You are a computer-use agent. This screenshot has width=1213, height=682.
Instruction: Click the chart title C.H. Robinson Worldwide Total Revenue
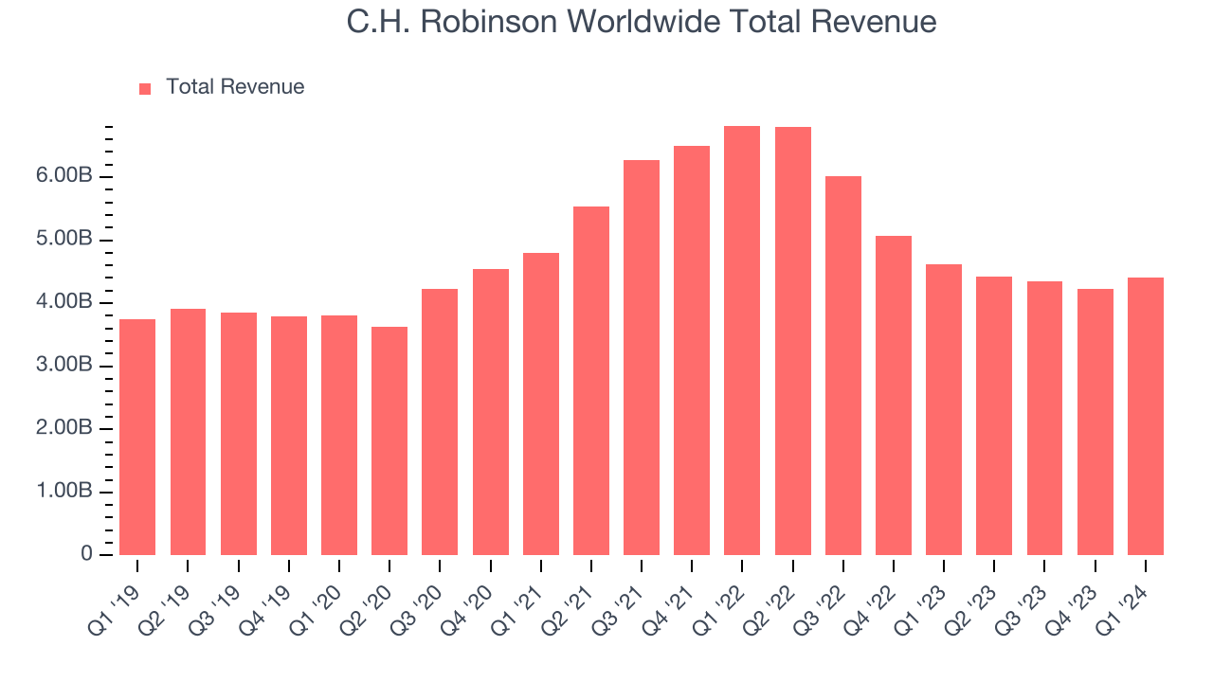pyautogui.click(x=642, y=22)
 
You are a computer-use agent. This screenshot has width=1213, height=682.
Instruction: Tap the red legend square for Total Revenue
pyautogui.click(x=145, y=88)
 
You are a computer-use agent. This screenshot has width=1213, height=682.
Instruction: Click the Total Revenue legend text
pyautogui.click(x=235, y=87)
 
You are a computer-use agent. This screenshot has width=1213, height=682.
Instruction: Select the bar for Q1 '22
pyautogui.click(x=742, y=341)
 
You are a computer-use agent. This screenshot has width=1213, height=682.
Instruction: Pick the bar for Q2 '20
pyautogui.click(x=389, y=440)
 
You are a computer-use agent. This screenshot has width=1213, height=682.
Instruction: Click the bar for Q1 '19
pyautogui.click(x=137, y=437)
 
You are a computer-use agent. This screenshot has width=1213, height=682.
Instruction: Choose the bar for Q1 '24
pyautogui.click(x=1145, y=416)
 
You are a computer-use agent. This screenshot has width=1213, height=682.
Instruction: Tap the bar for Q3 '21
pyautogui.click(x=642, y=357)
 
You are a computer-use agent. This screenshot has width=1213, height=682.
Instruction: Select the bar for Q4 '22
pyautogui.click(x=893, y=395)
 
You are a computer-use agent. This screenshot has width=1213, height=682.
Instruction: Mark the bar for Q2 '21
pyautogui.click(x=591, y=381)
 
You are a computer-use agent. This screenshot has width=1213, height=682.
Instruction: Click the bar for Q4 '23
pyautogui.click(x=1095, y=422)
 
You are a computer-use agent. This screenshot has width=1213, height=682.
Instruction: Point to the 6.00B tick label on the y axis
pyautogui.click(x=65, y=177)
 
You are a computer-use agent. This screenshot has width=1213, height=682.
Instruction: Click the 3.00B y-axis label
pyautogui.click(x=65, y=366)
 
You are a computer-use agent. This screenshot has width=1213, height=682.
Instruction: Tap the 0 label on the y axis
pyautogui.click(x=86, y=554)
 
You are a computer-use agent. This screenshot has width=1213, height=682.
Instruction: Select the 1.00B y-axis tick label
pyautogui.click(x=65, y=492)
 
